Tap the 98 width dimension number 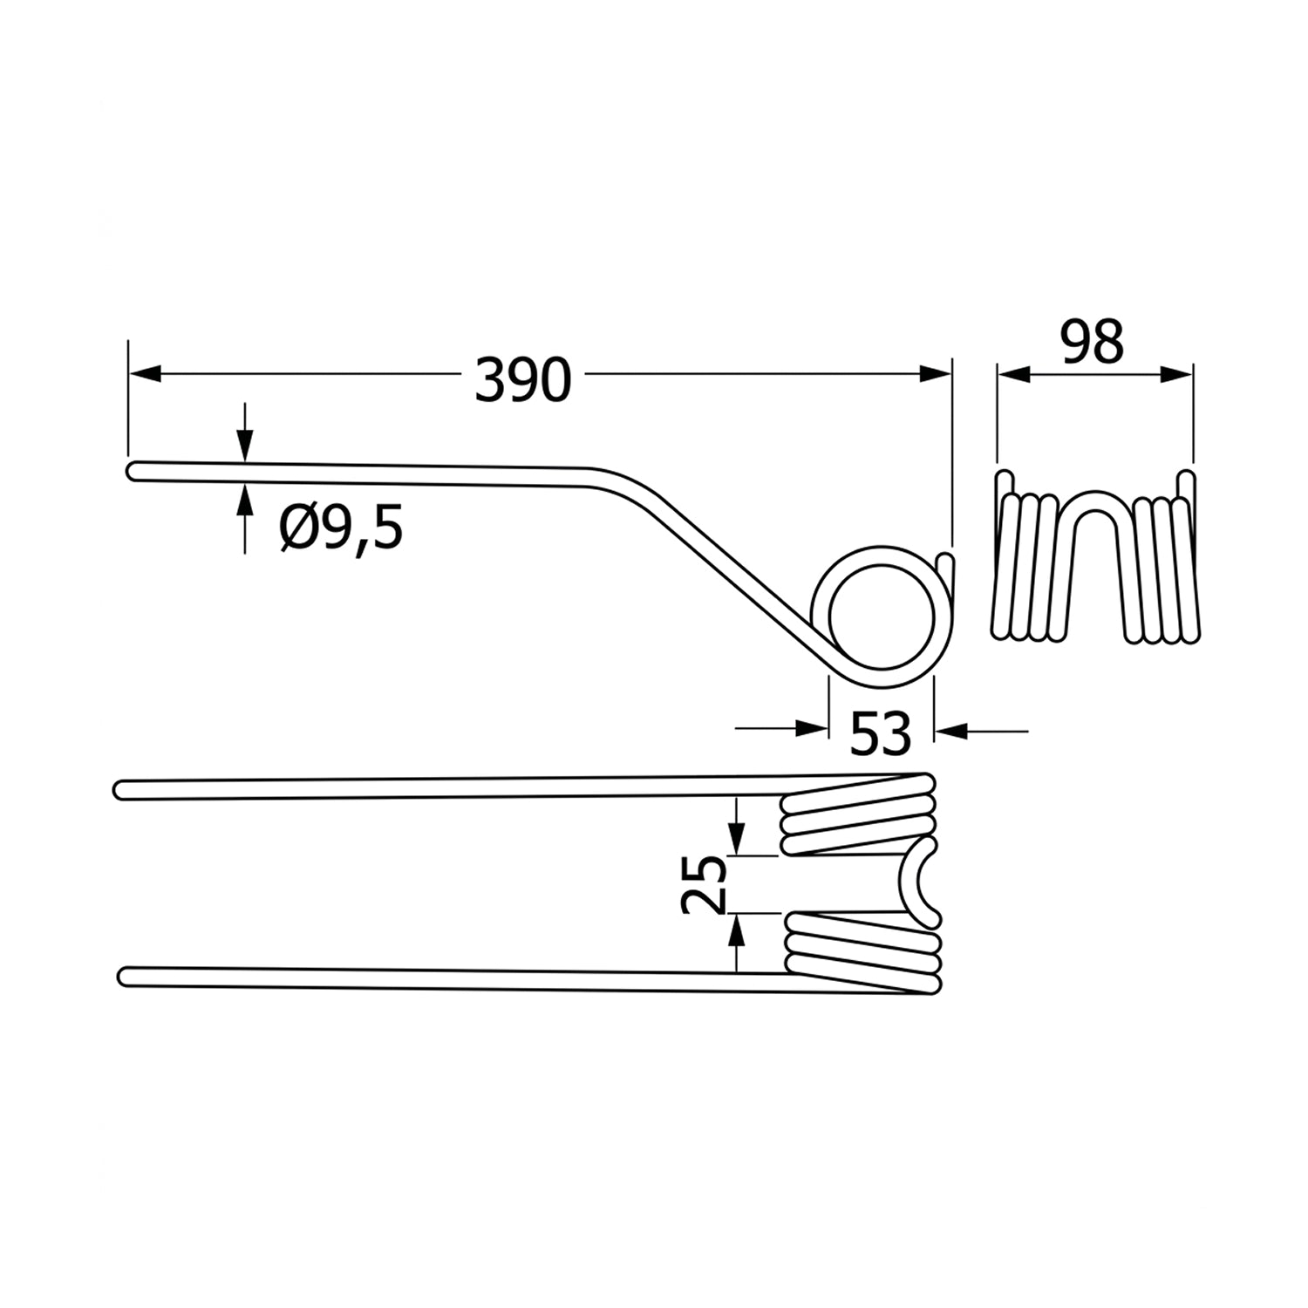1092,343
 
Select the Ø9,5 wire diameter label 342,528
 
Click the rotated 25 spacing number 704,883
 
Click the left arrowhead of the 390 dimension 146,373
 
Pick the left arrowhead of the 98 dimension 1014,374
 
